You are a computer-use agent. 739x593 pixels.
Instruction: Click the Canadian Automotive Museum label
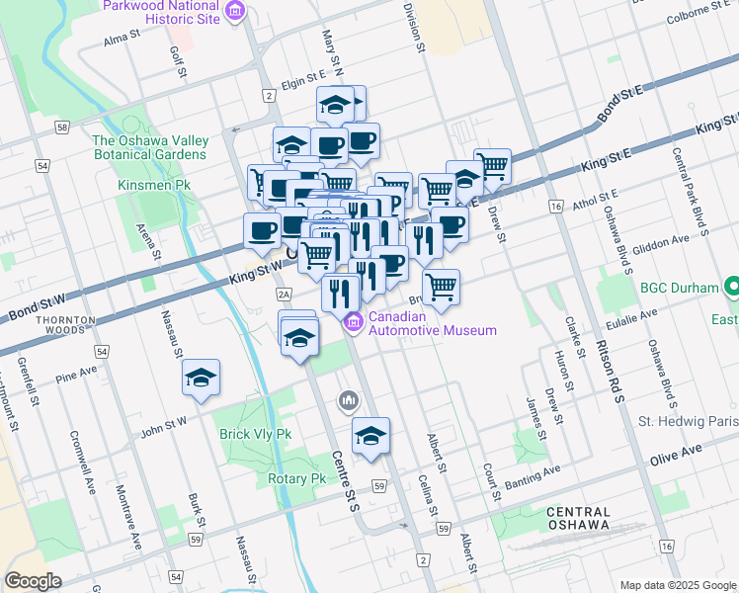coord(432,323)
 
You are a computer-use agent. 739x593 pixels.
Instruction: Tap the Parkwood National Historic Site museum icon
coord(235,12)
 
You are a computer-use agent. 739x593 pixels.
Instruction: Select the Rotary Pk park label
coord(296,478)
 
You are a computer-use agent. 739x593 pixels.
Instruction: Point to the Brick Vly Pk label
coord(256,434)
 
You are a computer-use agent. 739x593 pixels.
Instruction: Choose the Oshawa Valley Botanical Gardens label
coord(150,147)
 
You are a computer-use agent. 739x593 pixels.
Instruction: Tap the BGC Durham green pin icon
coord(732,288)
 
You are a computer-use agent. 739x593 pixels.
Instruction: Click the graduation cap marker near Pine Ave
coord(201,378)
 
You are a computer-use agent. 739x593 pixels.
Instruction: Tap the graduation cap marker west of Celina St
coord(370,436)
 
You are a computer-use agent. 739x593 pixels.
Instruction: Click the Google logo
coord(33,581)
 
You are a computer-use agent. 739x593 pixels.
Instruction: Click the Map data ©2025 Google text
coord(676,584)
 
